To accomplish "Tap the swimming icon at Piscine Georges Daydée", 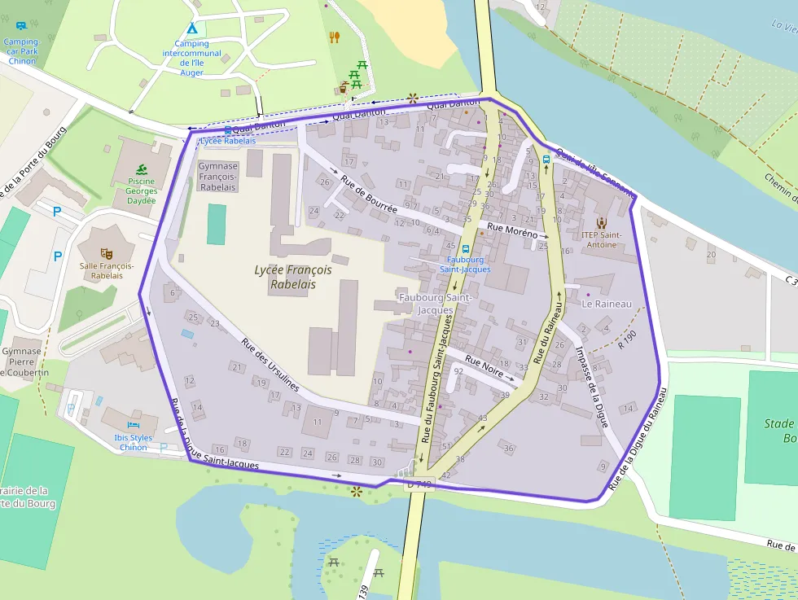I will click(x=142, y=169).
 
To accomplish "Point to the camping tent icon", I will click(x=191, y=29).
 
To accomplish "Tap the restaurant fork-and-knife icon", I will click(x=334, y=37).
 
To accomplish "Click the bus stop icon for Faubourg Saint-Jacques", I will click(x=465, y=249).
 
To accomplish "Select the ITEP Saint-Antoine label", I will click(x=602, y=239).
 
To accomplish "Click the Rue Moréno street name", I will click(x=512, y=233).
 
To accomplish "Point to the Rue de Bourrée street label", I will click(x=369, y=195).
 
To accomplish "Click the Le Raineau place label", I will click(x=607, y=304).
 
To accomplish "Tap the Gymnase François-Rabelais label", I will click(x=217, y=177).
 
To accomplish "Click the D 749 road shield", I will click(x=420, y=484).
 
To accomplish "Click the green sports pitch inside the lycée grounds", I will click(x=216, y=224).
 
